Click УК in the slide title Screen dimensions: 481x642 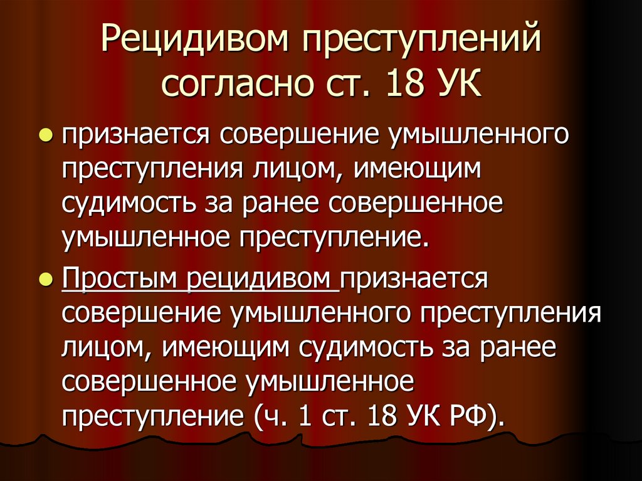click(x=456, y=83)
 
